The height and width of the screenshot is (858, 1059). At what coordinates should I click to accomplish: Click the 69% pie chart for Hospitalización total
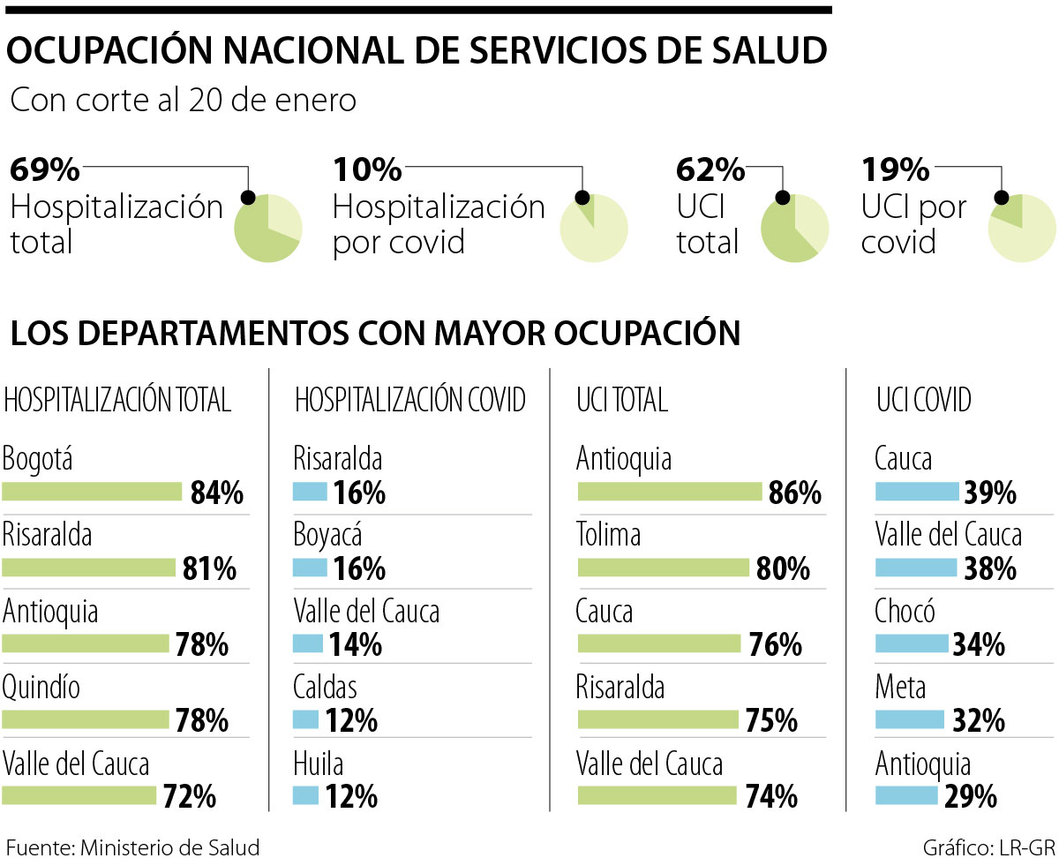point(267,229)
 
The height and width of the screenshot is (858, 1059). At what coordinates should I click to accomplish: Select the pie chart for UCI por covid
point(1021,229)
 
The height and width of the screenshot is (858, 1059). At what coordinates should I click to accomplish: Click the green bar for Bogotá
point(92,492)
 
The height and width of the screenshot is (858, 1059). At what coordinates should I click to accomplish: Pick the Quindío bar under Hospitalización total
point(86,720)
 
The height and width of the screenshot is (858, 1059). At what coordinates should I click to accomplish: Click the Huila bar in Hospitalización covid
point(305,796)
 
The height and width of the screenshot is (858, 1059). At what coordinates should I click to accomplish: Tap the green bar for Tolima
point(663,568)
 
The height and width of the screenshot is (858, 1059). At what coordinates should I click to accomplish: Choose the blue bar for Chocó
point(912,643)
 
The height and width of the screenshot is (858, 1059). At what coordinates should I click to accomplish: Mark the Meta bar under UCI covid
point(910,720)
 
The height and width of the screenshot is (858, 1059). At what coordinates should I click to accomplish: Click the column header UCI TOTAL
point(621,401)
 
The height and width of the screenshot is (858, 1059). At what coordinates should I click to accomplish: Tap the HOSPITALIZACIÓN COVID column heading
point(410,401)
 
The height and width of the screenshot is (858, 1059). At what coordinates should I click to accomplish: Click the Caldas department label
point(326,686)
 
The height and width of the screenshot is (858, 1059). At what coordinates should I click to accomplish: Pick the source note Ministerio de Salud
point(132,847)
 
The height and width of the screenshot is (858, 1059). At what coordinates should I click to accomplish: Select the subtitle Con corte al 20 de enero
point(183,101)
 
